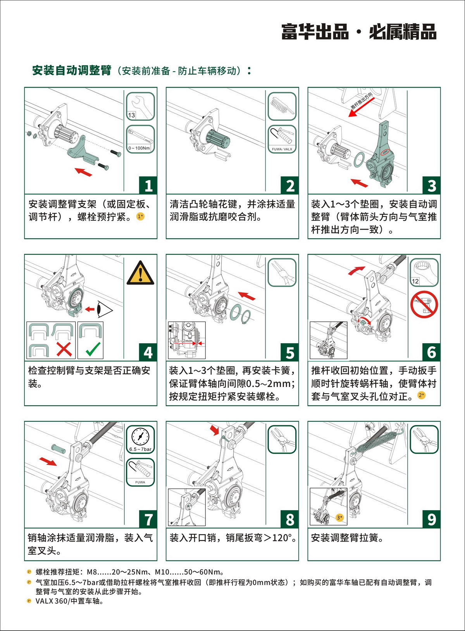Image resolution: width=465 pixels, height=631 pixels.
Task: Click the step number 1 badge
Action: click(x=148, y=186)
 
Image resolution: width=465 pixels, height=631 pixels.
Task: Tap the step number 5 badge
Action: click(x=290, y=352)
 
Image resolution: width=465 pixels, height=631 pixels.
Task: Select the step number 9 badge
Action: click(x=431, y=519)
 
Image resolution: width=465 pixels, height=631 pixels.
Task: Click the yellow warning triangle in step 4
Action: click(x=140, y=273)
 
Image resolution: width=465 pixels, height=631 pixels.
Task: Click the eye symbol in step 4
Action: click(x=105, y=309)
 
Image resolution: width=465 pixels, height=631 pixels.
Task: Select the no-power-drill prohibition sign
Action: click(x=424, y=304)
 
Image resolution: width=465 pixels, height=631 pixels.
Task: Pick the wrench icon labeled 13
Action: click(x=140, y=107)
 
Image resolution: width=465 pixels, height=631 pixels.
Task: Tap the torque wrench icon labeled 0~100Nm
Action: click(x=140, y=139)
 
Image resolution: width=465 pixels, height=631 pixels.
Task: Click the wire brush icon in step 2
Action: click(x=282, y=107)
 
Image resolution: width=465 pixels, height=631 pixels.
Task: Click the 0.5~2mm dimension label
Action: click(x=183, y=341)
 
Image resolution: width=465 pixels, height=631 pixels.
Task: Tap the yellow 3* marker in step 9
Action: click(x=340, y=518)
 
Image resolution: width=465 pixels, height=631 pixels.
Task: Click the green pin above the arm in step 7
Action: click(x=59, y=449)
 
